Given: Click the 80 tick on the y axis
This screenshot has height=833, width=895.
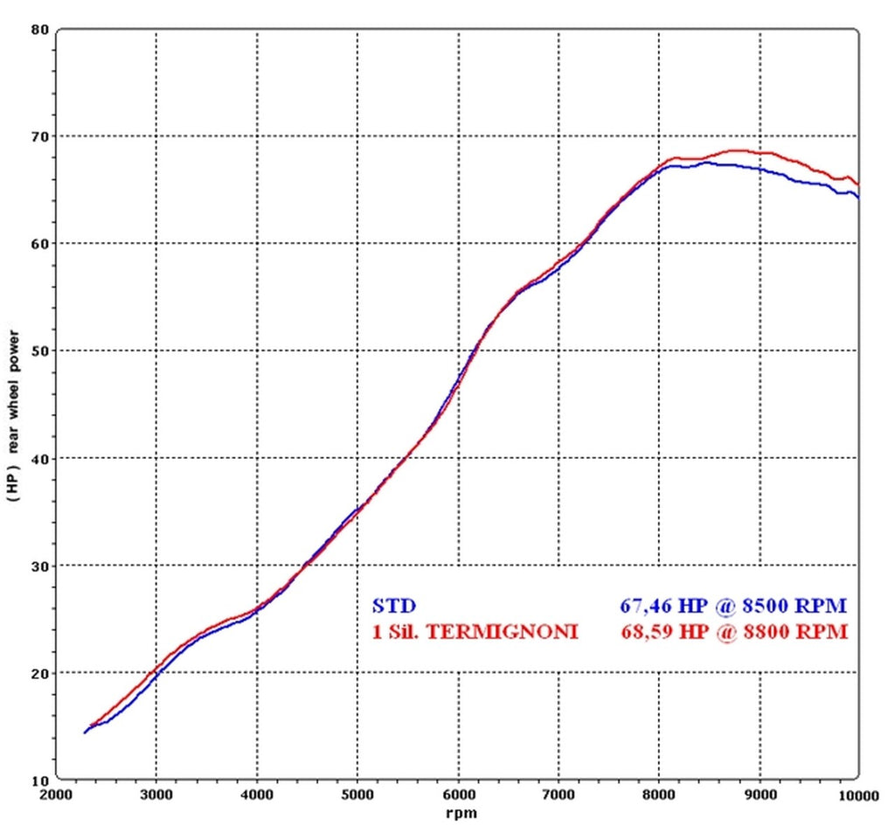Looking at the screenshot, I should pyautogui.click(x=39, y=29).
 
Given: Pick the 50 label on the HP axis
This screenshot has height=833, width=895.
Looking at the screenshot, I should pyautogui.click(x=39, y=351).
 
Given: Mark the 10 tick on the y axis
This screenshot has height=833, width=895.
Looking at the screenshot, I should pyautogui.click(x=39, y=780).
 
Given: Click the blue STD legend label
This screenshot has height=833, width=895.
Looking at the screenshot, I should pyautogui.click(x=393, y=605).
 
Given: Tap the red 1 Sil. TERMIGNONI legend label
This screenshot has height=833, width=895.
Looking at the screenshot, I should pyautogui.click(x=475, y=631).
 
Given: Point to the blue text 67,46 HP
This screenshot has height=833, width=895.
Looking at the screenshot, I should pyautogui.click(x=659, y=605).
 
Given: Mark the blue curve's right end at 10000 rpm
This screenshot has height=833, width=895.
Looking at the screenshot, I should pyautogui.click(x=858, y=197).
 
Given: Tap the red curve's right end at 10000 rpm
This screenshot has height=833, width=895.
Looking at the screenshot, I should pyautogui.click(x=858, y=184).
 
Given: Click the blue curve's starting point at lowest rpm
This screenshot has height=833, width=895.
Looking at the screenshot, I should pyautogui.click(x=85, y=732).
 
